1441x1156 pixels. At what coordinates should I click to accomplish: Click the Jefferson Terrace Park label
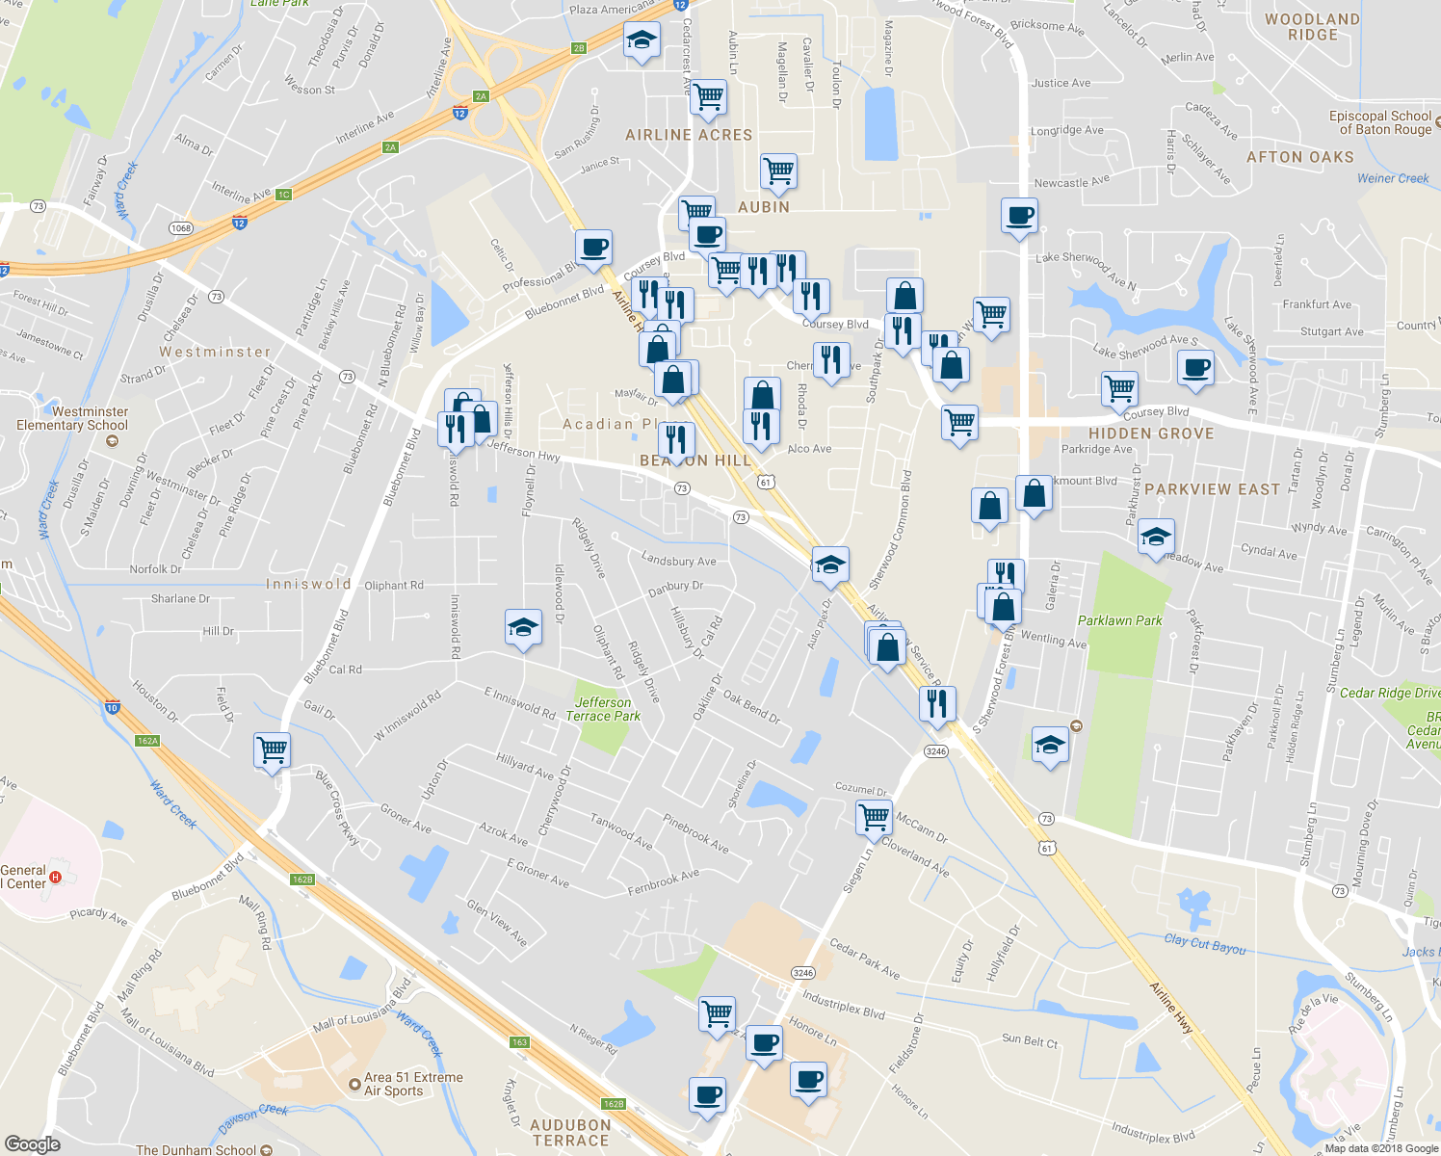603,709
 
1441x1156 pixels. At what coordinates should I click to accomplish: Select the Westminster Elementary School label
72,419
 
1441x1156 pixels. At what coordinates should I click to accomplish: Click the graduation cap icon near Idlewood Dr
523,628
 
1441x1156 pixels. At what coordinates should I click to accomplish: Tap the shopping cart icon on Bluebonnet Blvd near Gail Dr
273,749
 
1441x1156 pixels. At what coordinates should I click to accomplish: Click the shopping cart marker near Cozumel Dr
874,817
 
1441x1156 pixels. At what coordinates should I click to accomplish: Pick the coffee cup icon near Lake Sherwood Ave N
1019,215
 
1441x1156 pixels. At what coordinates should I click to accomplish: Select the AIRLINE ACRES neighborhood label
689,135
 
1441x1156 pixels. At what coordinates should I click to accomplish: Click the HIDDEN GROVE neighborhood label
1151,433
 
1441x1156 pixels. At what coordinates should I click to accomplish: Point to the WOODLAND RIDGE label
1312,27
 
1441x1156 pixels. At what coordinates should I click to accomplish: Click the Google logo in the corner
32,1144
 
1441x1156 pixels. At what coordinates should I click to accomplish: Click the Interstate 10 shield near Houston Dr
113,707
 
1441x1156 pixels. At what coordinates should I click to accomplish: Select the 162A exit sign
147,741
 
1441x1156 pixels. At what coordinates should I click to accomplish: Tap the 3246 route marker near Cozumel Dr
935,750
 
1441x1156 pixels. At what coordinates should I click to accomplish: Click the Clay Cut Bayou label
1204,944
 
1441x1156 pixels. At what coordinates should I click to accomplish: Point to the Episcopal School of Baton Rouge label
1380,122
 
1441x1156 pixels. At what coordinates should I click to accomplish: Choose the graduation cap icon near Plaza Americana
642,40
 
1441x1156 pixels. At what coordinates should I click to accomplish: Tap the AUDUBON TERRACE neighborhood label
570,1132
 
